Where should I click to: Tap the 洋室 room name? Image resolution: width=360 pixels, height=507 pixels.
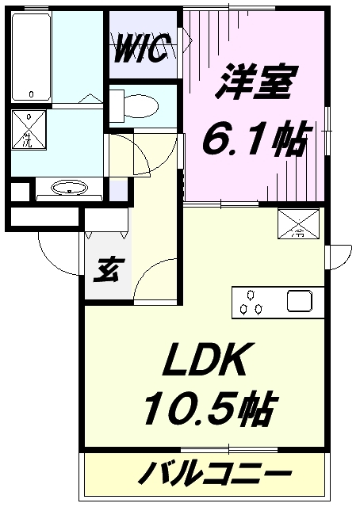(x=255, y=82)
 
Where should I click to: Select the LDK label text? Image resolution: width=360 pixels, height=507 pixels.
(x=204, y=360)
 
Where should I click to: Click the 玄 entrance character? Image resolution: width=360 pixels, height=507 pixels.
(x=106, y=270)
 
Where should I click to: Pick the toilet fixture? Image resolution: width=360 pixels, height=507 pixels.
(x=134, y=105)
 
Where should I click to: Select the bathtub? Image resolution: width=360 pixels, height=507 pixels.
(x=32, y=57)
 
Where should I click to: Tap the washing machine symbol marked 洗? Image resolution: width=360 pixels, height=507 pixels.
(x=29, y=129)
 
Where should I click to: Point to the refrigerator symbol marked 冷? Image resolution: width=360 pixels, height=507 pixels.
(x=298, y=223)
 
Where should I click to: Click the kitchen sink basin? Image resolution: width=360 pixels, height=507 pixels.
(x=300, y=301)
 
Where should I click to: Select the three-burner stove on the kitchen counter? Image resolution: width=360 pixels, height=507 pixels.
(x=251, y=303)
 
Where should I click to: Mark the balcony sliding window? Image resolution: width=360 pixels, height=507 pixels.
(x=229, y=450)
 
